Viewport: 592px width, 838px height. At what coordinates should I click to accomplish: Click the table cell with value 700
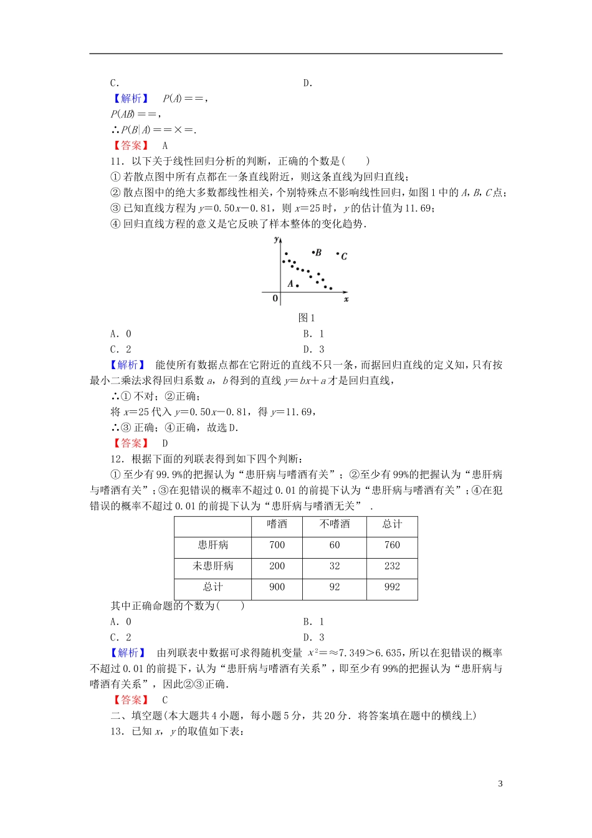click(x=277, y=545)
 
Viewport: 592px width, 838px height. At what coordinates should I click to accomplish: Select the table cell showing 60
click(x=335, y=545)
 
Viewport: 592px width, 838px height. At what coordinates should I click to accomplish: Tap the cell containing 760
click(x=392, y=545)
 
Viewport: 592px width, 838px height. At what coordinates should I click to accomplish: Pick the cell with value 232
click(x=392, y=566)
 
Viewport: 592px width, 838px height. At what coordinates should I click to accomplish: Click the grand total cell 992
click(x=392, y=587)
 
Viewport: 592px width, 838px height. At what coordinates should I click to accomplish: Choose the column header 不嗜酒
click(x=335, y=524)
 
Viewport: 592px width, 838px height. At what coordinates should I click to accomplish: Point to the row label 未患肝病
click(x=212, y=566)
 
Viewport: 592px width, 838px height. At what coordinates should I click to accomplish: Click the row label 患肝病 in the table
click(x=212, y=545)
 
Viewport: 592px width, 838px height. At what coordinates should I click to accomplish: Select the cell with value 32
click(x=335, y=566)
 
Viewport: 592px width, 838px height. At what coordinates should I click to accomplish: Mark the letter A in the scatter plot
click(x=290, y=284)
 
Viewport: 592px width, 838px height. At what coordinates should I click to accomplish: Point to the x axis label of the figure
click(x=346, y=299)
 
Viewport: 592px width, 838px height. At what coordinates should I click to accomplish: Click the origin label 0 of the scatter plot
click(x=275, y=299)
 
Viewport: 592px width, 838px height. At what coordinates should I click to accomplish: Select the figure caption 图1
click(x=307, y=318)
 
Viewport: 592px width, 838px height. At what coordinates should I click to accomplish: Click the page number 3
click(x=500, y=784)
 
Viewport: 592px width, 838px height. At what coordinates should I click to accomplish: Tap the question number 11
click(x=117, y=161)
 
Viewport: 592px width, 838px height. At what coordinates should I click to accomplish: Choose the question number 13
click(x=117, y=731)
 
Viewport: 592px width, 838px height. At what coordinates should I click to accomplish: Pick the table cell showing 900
click(x=277, y=587)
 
